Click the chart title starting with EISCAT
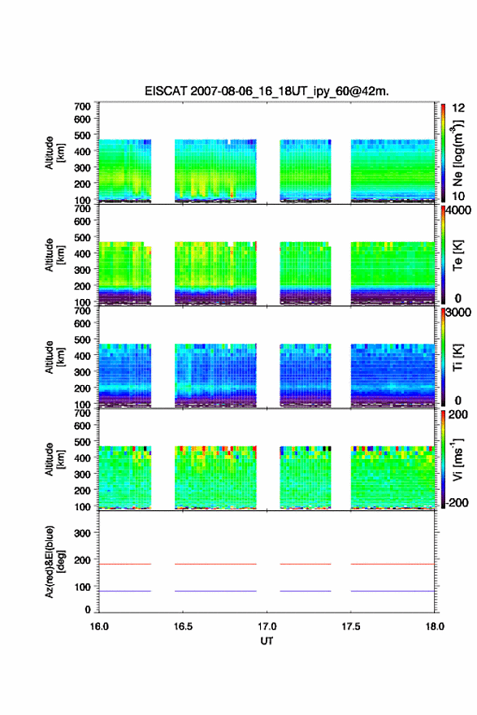267,91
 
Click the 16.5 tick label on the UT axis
183,626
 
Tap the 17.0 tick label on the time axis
267,626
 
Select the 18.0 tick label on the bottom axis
435,626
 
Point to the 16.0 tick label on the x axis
99,626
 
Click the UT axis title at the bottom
267,641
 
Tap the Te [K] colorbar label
457,255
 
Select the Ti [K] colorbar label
457,357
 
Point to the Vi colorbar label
457,459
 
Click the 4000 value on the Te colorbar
458,210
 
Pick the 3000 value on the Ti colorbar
458,313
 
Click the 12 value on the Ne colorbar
458,108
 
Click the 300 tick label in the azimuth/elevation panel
82,533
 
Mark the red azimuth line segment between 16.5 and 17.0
215,564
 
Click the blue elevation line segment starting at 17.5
392,591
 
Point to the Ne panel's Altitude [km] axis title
55,153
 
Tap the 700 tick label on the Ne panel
82,106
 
